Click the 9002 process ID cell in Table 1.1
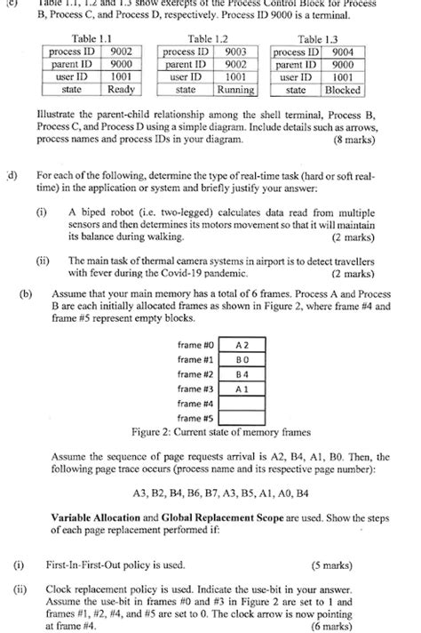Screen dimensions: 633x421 (x=121, y=52)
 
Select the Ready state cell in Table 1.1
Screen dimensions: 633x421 (x=121, y=90)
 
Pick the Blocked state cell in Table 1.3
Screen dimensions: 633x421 (x=342, y=90)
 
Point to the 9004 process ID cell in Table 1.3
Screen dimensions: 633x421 (x=342, y=52)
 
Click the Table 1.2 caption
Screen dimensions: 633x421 (x=209, y=39)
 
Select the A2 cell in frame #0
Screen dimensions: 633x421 (x=241, y=344)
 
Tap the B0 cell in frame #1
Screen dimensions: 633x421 (x=241, y=360)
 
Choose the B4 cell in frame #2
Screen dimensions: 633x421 (x=241, y=375)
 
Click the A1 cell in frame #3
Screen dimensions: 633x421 (x=241, y=390)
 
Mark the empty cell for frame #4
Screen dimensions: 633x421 (x=241, y=405)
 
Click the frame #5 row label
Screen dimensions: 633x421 (x=195, y=419)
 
